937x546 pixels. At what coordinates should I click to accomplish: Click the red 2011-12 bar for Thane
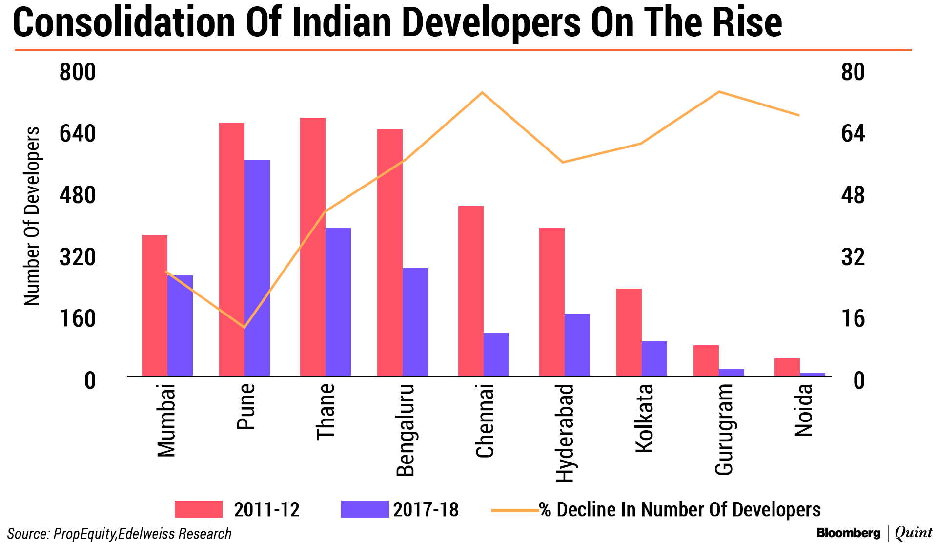click(312, 247)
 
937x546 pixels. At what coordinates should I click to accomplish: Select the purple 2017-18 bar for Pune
click(257, 268)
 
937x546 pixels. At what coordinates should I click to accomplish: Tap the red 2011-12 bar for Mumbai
click(154, 305)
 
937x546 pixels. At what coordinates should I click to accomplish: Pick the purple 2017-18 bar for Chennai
click(496, 354)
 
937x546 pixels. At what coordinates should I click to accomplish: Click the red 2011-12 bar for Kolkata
click(629, 332)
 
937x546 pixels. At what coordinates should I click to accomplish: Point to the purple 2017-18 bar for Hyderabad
click(577, 344)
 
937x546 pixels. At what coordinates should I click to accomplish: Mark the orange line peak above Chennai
click(482, 92)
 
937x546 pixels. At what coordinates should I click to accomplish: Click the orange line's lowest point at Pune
click(244, 327)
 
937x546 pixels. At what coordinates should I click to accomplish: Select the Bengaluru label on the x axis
click(405, 430)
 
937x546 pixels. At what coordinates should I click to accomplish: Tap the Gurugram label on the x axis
click(724, 429)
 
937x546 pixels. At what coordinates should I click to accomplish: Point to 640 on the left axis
click(78, 133)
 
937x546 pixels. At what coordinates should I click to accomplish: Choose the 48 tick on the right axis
click(853, 195)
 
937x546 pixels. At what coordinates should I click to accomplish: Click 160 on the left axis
click(78, 319)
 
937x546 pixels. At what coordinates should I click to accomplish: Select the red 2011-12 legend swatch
click(199, 509)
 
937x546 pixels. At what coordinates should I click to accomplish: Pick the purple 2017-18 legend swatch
click(365, 509)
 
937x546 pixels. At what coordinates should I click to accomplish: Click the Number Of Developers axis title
click(32, 216)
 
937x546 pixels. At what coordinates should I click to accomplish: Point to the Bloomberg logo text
click(848, 533)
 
